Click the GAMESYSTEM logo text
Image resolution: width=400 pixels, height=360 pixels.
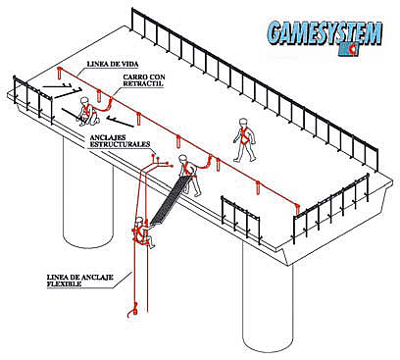(325, 33)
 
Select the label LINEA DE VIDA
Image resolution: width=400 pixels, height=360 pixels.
(107, 65)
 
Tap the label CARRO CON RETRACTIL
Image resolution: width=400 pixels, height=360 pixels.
(144, 80)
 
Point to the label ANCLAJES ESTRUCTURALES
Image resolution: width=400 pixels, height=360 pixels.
(120, 141)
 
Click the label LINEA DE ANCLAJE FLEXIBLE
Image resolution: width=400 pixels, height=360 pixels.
(80, 281)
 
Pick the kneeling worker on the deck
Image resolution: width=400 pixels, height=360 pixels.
(87, 111)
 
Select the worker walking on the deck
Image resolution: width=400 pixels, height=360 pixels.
(244, 140)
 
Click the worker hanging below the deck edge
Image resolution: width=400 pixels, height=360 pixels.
(142, 232)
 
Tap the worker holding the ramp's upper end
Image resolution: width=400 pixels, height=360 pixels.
(190, 175)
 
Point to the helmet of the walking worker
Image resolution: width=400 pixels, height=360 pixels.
(242, 122)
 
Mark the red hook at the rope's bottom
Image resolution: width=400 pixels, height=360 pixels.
(132, 310)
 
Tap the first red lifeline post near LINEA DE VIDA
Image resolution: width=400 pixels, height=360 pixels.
(59, 73)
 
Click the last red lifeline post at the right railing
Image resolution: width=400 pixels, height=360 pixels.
(297, 210)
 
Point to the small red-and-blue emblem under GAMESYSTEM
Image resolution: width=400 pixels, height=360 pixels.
(350, 49)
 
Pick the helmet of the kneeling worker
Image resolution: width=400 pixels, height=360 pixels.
(84, 100)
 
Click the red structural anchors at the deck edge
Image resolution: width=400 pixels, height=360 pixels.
(160, 160)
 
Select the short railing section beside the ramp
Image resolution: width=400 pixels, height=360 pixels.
(240, 220)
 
